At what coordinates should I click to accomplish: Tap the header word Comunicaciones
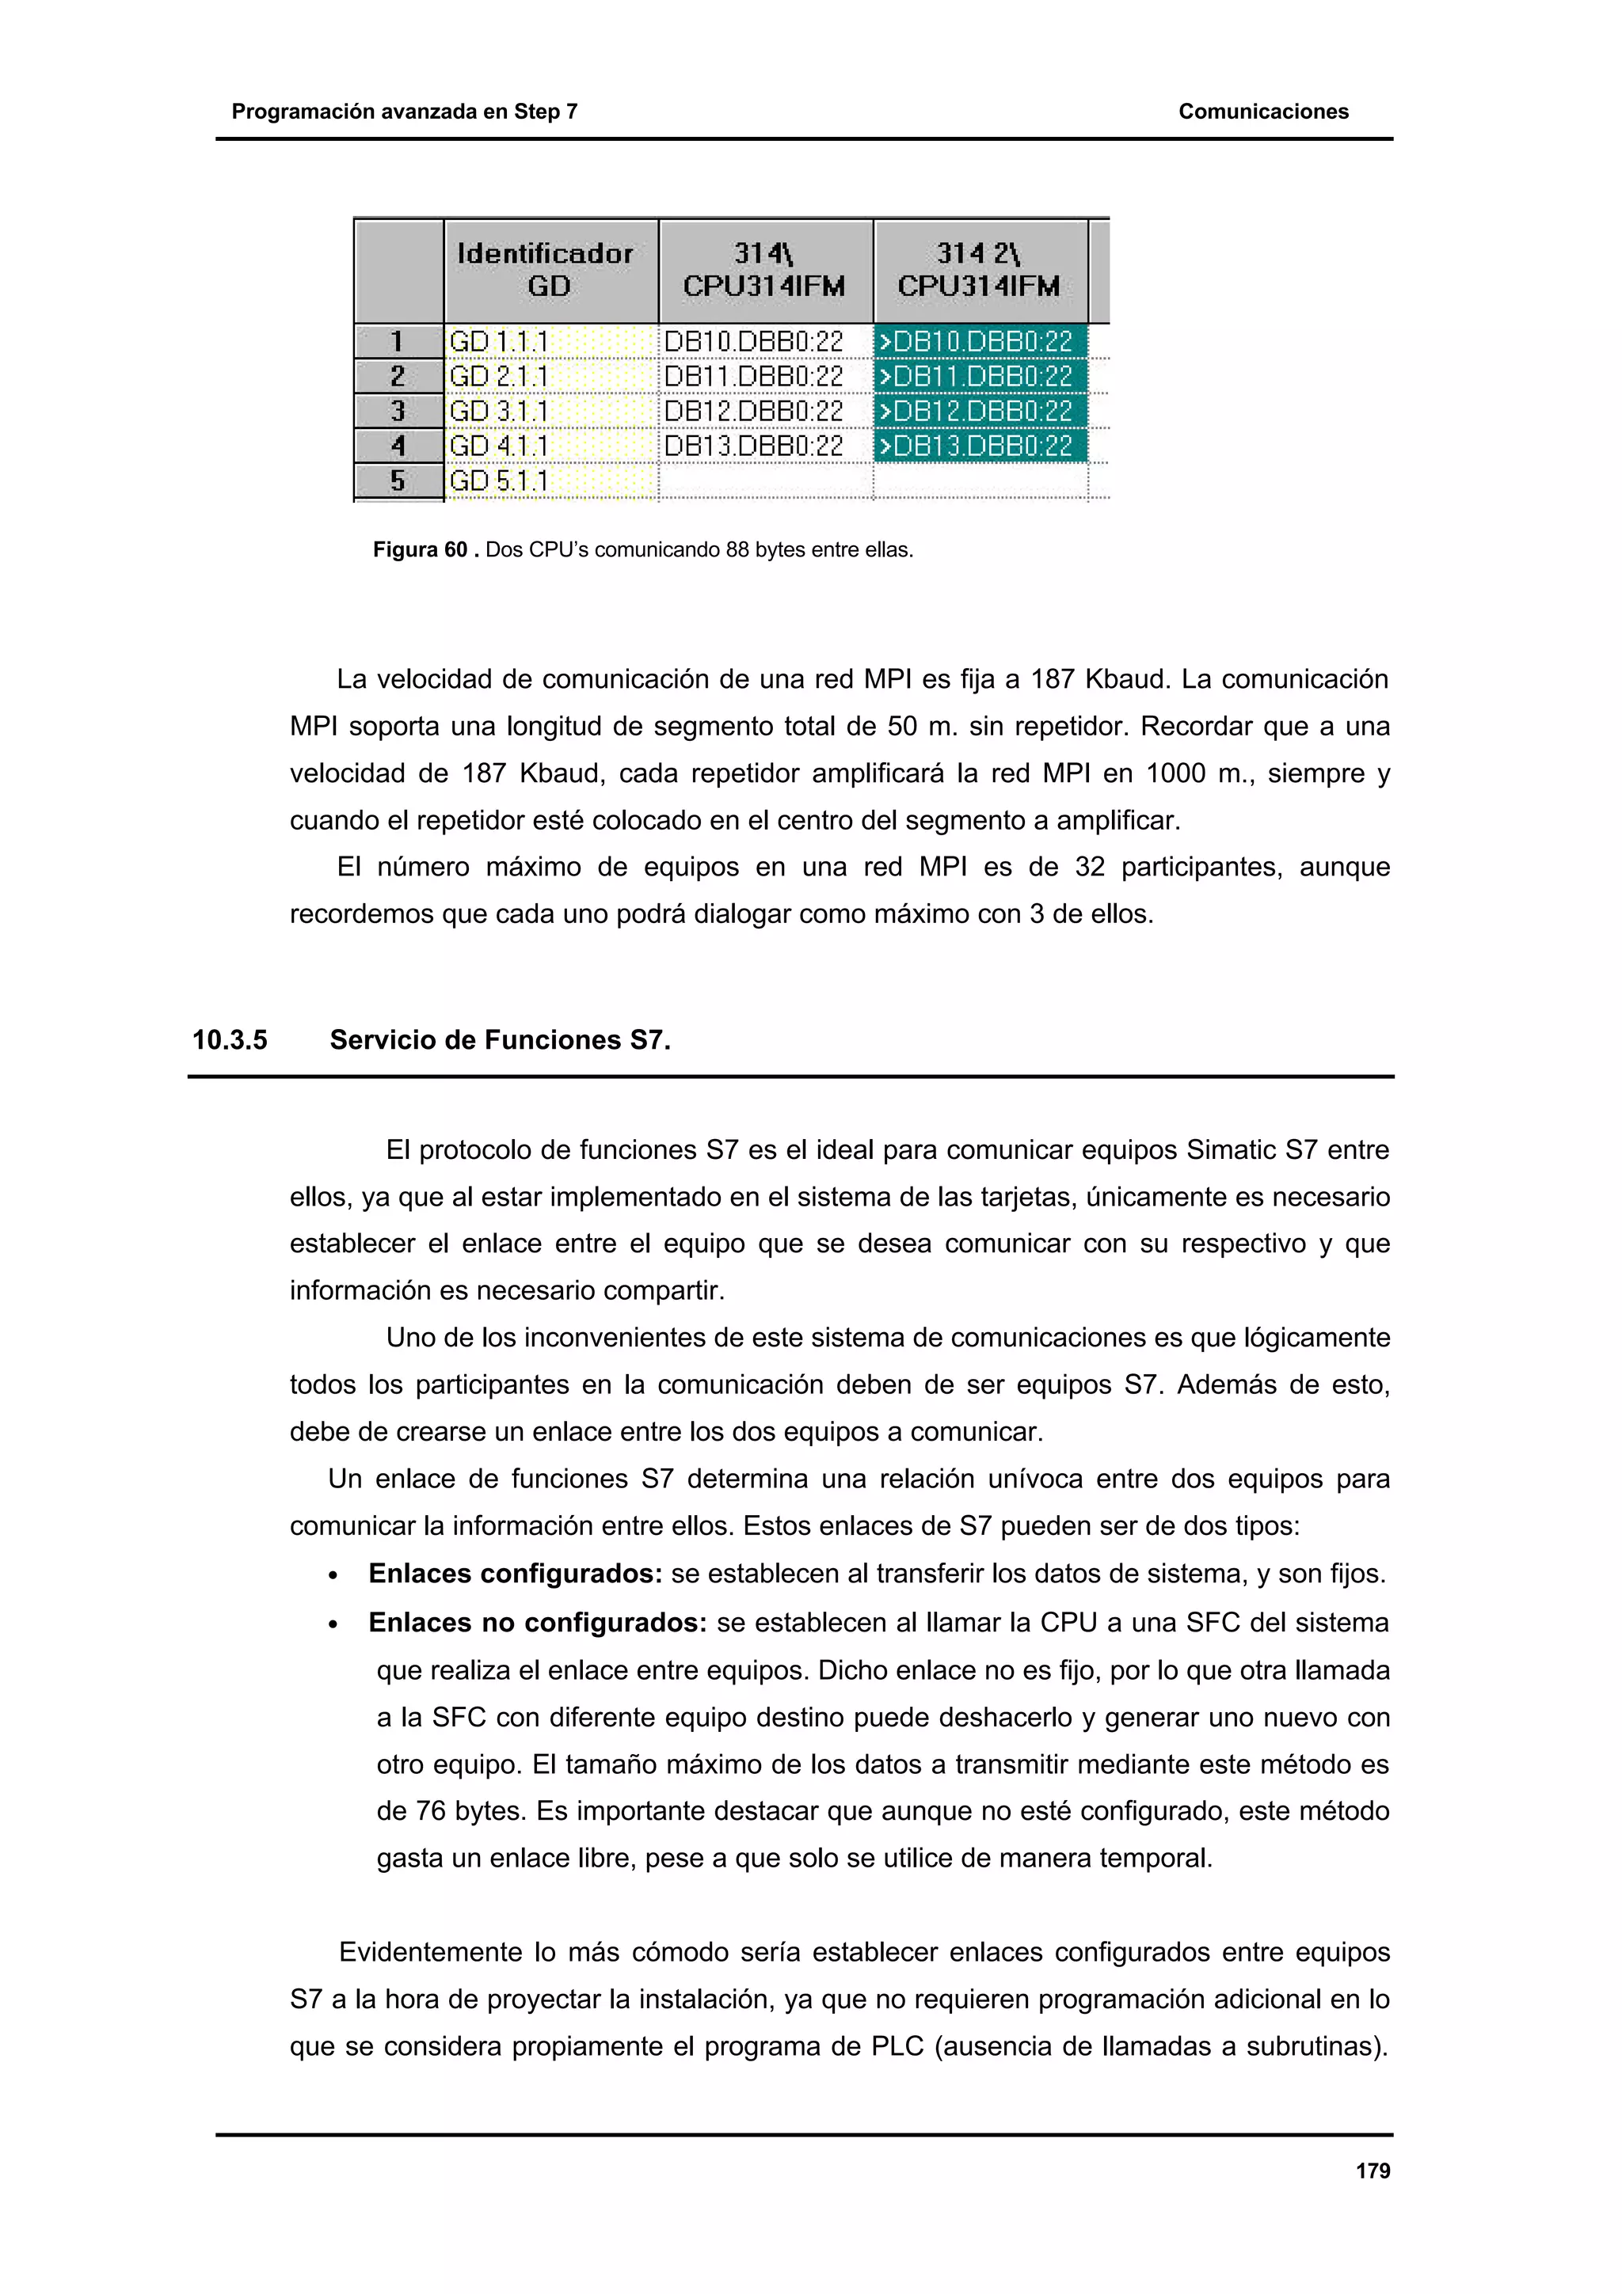click(1262, 111)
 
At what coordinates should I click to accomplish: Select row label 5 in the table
click(398, 480)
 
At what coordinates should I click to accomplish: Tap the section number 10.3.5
click(230, 1040)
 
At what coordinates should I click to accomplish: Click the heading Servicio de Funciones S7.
click(500, 1040)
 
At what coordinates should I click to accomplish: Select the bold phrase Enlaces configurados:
click(515, 1574)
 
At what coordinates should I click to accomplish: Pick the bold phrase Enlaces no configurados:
click(538, 1623)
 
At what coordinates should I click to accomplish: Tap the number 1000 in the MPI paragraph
click(1175, 773)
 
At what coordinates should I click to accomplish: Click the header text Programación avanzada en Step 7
click(404, 111)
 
